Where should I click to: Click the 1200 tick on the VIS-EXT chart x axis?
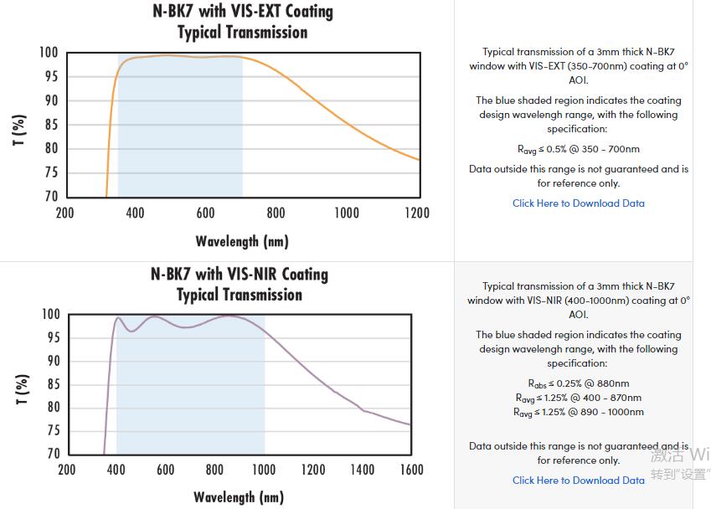417,213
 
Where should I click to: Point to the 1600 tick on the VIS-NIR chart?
411,470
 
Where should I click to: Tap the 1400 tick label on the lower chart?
362,470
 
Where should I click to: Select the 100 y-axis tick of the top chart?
49,53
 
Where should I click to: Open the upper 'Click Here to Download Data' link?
578,203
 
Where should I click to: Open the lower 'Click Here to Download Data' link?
578,481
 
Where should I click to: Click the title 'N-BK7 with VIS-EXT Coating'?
242,12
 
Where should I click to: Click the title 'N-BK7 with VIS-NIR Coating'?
240,275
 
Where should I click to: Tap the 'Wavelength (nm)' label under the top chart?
242,241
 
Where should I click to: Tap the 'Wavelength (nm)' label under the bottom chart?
239,497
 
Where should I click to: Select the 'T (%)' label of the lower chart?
22,388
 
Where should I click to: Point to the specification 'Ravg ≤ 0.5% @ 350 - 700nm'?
578,149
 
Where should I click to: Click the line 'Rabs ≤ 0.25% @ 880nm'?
578,383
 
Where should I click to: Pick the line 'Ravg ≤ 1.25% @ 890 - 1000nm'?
578,412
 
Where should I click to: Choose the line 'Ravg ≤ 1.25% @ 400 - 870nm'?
578,398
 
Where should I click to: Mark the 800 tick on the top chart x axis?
276,213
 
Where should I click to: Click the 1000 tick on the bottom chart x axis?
264,470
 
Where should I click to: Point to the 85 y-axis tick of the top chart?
50,125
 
